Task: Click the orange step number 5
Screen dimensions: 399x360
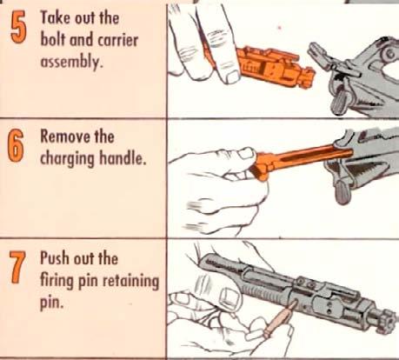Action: [18, 28]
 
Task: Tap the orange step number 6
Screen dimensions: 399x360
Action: [17, 146]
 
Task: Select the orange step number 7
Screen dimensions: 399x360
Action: [17, 268]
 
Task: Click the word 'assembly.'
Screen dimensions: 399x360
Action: [71, 63]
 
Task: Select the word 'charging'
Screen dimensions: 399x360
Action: [67, 159]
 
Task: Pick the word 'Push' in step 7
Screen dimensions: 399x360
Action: [55, 257]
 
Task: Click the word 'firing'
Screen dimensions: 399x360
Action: [57, 282]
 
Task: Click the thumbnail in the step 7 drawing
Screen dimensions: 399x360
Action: [230, 298]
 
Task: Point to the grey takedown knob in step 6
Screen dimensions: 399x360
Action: [343, 191]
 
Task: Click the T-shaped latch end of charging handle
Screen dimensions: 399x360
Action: [262, 168]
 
